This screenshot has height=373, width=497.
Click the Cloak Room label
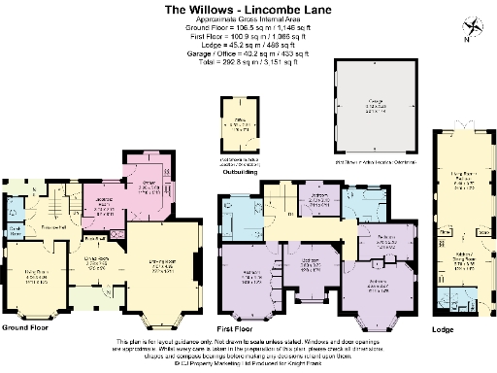16,229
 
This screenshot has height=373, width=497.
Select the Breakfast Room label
97,204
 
